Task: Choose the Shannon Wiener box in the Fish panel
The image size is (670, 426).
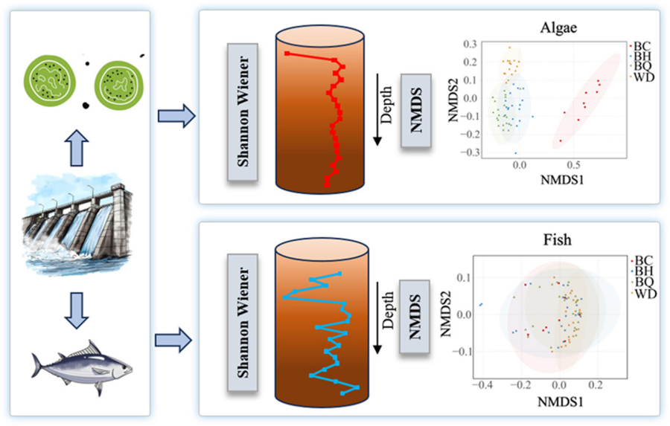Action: pyautogui.click(x=243, y=325)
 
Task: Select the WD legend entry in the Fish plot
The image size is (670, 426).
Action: pyautogui.click(x=642, y=295)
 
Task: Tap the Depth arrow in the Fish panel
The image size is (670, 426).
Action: pyautogui.click(x=377, y=317)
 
